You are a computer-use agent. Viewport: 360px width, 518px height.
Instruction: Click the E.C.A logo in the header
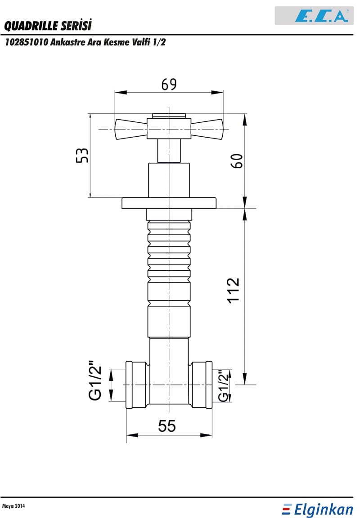coord(321,16)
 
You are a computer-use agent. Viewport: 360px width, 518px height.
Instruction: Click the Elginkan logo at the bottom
coord(318,509)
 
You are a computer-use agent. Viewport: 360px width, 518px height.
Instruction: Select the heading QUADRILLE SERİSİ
coord(48,25)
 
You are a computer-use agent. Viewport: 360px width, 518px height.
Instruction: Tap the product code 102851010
coord(27,42)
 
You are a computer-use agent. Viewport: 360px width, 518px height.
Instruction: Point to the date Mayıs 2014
coord(13,506)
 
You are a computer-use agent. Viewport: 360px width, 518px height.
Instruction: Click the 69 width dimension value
coord(169,84)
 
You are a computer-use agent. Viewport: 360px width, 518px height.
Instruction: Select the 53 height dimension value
coord(82,155)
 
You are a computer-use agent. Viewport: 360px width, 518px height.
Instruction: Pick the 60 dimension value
coord(237,161)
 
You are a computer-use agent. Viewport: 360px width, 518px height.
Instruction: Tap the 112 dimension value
coord(233,290)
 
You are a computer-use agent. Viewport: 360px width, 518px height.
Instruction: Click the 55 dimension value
coord(167,426)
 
